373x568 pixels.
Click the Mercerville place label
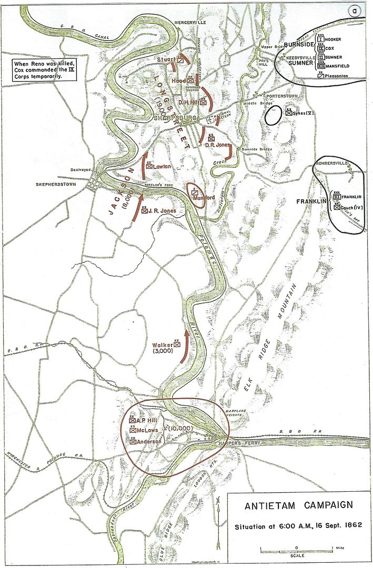(190, 24)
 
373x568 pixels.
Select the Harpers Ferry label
(232, 443)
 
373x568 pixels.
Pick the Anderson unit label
(150, 441)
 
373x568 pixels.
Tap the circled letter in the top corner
(357, 11)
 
